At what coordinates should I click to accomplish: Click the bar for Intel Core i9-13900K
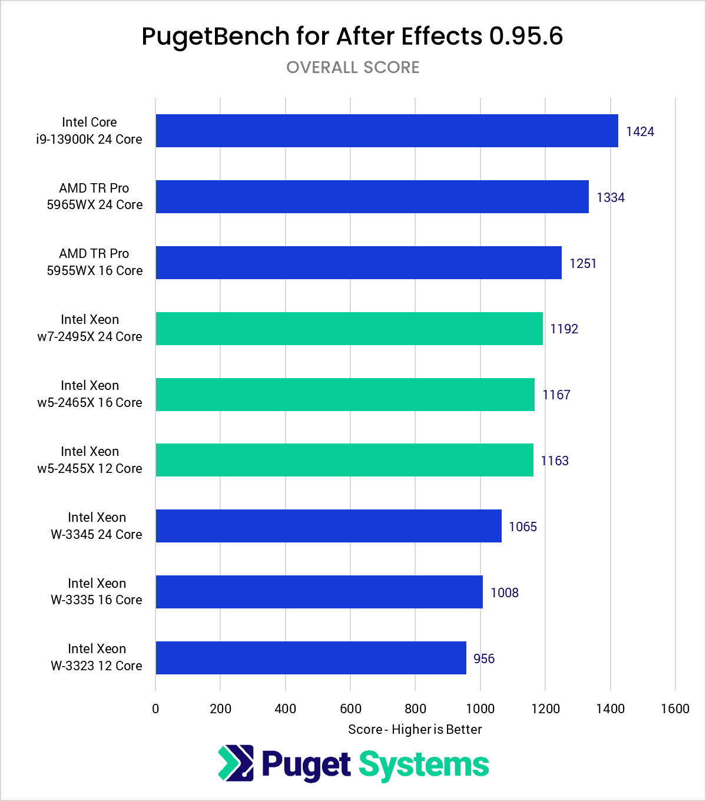click(387, 131)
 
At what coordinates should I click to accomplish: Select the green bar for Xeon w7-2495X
click(349, 329)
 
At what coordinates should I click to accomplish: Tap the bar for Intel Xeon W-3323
click(311, 658)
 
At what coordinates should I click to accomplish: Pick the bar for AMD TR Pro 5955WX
click(359, 263)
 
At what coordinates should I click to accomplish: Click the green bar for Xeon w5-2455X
click(344, 460)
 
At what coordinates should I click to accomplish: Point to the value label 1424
click(640, 131)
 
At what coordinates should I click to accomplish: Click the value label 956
click(484, 658)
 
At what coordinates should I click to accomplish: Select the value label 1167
click(556, 395)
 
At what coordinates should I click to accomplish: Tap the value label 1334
click(611, 197)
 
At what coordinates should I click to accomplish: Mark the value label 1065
click(523, 527)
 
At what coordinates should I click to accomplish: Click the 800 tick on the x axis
click(416, 709)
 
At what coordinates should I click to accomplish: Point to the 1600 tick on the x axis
click(675, 709)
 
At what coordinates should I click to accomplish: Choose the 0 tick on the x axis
click(155, 709)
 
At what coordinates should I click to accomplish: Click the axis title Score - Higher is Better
click(415, 729)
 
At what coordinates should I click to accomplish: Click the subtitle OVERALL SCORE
click(353, 68)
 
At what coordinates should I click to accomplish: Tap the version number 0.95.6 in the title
click(526, 37)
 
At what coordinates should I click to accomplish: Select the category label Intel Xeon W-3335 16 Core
click(97, 591)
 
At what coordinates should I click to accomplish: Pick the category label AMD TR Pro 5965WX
click(95, 196)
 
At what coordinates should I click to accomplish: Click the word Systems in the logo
click(424, 764)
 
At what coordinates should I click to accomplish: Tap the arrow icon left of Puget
click(236, 763)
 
